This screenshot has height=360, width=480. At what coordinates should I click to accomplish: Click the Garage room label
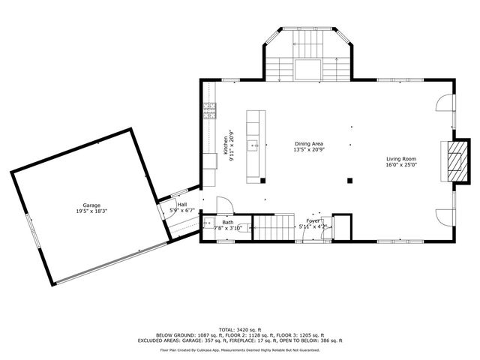[x=91, y=205]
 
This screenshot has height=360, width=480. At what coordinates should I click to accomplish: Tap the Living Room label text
[x=401, y=159]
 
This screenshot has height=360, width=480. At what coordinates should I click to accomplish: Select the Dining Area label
[x=308, y=143]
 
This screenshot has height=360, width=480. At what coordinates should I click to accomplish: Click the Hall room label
[x=182, y=204]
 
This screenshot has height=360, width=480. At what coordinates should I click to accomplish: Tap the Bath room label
[x=226, y=222]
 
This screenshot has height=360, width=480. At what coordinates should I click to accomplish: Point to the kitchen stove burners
[x=208, y=112]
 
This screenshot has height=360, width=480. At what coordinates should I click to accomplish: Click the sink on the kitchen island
[x=255, y=146]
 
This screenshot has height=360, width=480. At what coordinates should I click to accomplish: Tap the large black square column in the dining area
[x=349, y=179]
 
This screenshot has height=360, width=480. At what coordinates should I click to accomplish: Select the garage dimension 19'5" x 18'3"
[x=91, y=211]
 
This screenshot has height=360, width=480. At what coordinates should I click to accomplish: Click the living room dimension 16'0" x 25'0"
[x=401, y=165]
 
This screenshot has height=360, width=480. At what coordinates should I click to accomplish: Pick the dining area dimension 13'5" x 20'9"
[x=308, y=149]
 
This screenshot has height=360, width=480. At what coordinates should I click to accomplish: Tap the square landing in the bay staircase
[x=308, y=69]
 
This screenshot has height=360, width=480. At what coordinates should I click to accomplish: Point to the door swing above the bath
[x=223, y=207]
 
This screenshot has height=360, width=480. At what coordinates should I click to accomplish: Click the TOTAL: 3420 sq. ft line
[x=239, y=329]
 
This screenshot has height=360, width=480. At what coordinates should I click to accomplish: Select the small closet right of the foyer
[x=342, y=226]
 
